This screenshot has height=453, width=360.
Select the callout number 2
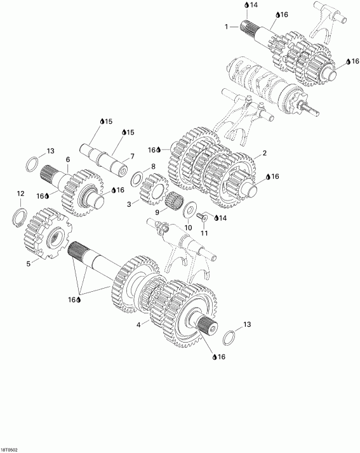(264, 154)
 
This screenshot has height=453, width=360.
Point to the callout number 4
(139, 325)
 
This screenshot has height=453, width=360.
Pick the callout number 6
(67, 159)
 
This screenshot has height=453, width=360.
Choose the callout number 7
(132, 155)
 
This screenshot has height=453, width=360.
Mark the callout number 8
(152, 166)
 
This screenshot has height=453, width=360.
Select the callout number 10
(187, 227)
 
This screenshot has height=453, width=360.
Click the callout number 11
(204, 233)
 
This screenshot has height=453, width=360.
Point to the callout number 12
(20, 193)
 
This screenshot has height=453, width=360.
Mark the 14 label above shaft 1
(253, 5)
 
